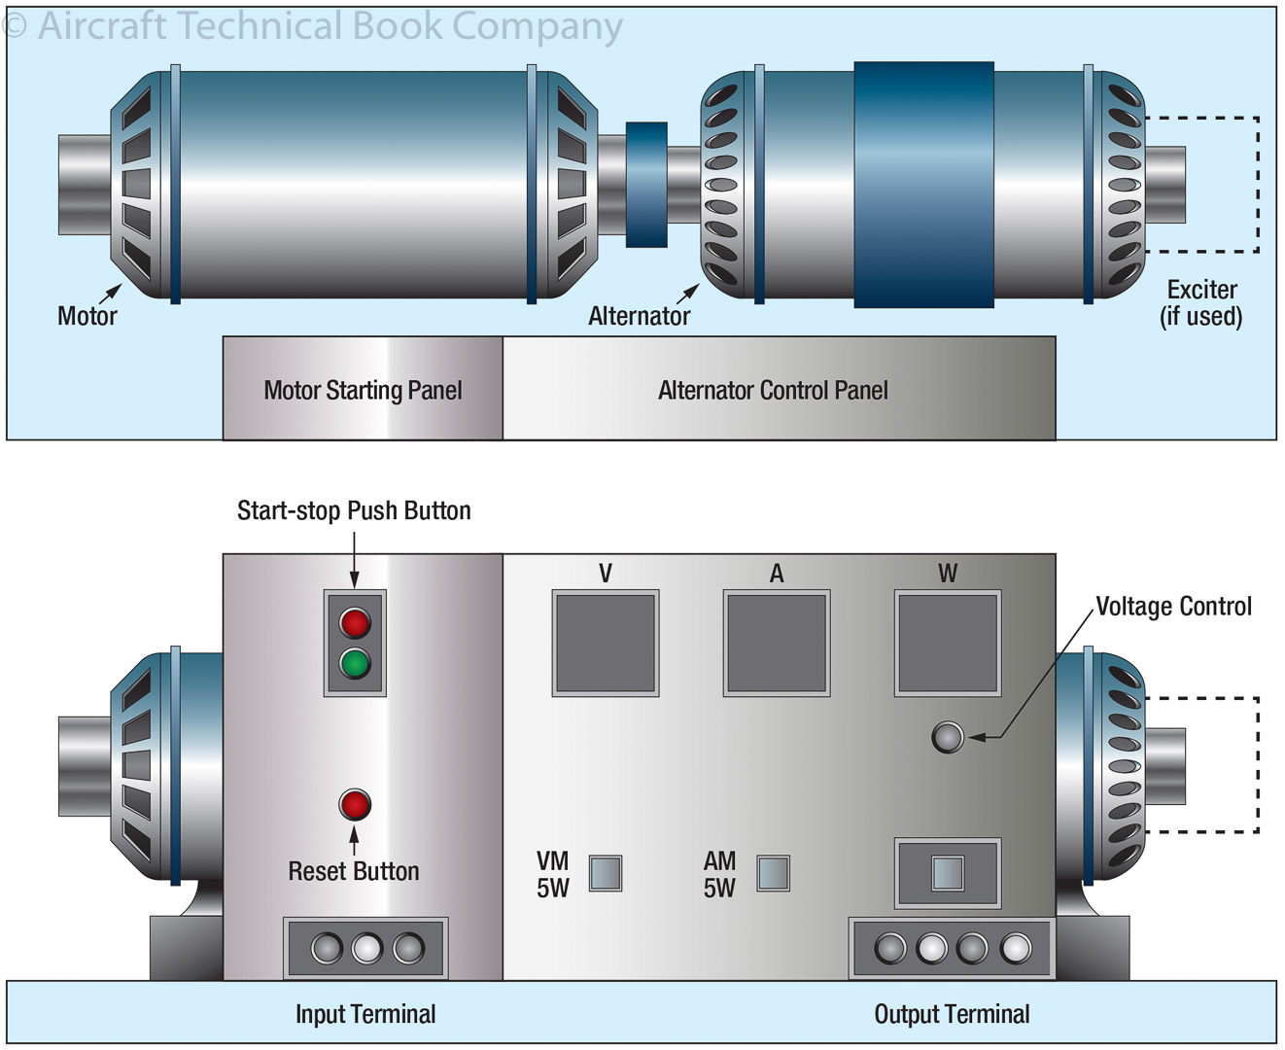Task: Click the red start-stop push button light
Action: coord(355,622)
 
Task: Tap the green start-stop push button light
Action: coord(355,664)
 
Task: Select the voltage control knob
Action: coord(948,737)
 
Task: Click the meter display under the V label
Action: coord(605,644)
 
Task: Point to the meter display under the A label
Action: coord(777,644)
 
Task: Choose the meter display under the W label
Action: coord(948,644)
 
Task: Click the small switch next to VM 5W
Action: coord(606,873)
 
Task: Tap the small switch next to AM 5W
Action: coord(774,873)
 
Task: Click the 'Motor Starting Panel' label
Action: coord(363,390)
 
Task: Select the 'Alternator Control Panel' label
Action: coord(773,390)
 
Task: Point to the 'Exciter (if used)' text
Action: coord(1201,303)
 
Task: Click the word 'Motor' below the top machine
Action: coord(87,316)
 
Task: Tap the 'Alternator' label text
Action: coord(639,316)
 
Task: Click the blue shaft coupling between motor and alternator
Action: coord(646,184)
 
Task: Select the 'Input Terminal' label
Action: coord(365,1014)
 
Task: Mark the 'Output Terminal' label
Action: coord(952,1014)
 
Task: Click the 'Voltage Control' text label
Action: coord(1173,607)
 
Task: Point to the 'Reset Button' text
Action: coord(354,871)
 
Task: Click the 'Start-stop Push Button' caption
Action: coord(354,510)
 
